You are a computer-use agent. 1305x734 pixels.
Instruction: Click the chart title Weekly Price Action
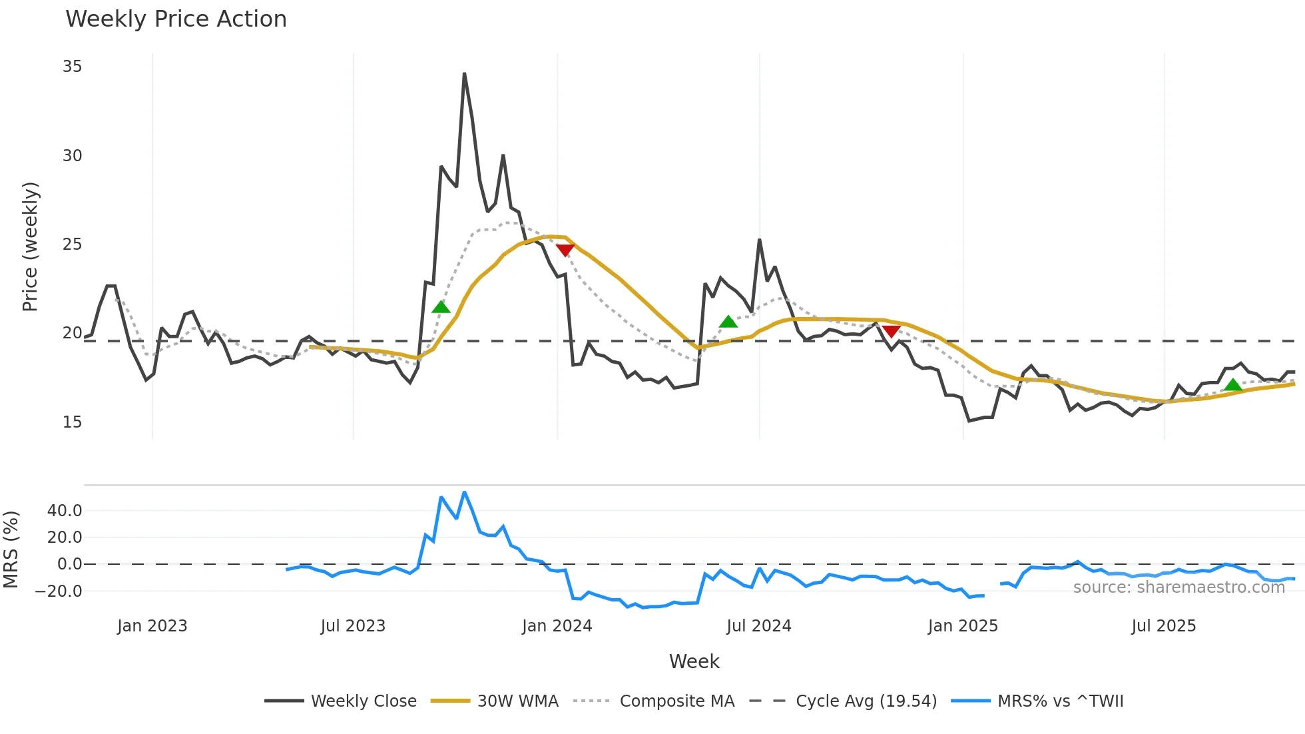176,19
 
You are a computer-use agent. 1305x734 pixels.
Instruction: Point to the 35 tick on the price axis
72,67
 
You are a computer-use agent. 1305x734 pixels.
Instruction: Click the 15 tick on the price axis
72,422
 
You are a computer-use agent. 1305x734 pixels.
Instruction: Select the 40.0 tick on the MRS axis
65,511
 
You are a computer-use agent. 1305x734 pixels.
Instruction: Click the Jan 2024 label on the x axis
557,626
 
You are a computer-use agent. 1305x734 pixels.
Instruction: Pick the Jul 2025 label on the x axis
1163,626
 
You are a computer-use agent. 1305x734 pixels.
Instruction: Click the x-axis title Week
694,661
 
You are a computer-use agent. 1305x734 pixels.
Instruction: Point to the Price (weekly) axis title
31,246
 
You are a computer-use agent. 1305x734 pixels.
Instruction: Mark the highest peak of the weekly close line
464,74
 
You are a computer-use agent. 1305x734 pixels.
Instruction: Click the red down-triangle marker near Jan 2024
565,250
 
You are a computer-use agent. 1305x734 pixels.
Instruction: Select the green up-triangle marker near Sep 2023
441,307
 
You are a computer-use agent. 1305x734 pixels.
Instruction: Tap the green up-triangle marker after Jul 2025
1233,385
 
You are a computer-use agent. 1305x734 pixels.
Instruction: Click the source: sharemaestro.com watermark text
1178,587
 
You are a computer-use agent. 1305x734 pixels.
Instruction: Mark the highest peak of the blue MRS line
464,492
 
